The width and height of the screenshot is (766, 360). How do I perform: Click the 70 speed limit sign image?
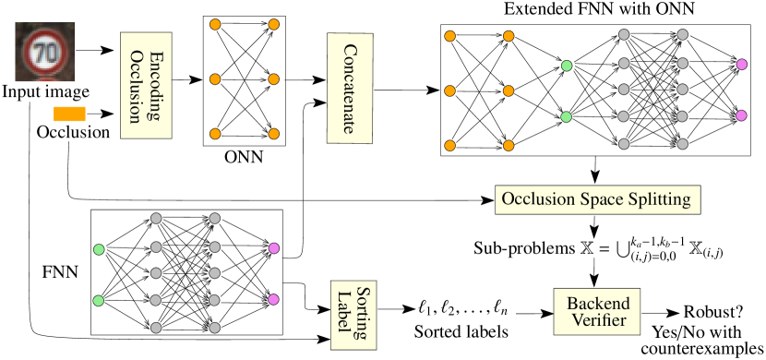(44, 54)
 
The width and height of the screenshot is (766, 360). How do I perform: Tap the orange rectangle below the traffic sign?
(69, 114)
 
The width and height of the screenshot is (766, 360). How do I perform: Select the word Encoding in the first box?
(155, 85)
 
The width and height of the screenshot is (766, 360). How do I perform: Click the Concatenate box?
(350, 88)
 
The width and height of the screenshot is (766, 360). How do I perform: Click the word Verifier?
(597, 321)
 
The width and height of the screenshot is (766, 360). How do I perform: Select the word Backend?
(597, 304)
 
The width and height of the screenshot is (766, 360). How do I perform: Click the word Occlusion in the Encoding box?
(135, 85)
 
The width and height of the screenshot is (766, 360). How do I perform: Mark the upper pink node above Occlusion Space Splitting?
(741, 65)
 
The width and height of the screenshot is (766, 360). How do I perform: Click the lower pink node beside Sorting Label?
(273, 299)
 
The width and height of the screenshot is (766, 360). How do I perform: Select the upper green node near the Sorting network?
(99, 249)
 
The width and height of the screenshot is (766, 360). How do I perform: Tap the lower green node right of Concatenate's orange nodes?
(567, 116)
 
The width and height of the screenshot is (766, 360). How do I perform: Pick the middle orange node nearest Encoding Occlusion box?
(215, 79)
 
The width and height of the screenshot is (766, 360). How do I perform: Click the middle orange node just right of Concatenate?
(450, 90)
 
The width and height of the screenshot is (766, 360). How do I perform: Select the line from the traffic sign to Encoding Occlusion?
(89, 52)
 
